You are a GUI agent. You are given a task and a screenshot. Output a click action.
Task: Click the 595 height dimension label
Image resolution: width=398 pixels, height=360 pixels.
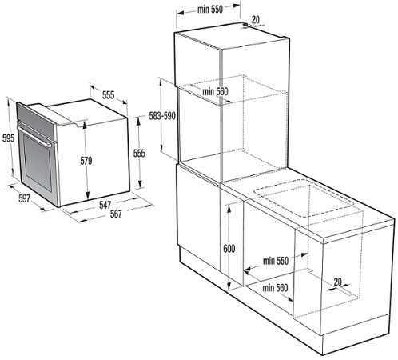pyautogui.click(x=8, y=138)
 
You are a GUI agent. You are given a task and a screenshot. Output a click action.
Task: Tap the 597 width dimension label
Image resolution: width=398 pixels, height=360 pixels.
pyautogui.click(x=24, y=198)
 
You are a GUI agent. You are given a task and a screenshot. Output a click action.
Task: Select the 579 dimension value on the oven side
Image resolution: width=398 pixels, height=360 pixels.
pyautogui.click(x=86, y=161)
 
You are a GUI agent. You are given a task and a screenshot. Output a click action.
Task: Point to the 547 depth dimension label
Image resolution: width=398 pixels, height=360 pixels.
pyautogui.click(x=105, y=205)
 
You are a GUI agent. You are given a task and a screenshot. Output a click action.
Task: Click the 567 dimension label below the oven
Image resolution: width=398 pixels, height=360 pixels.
pyautogui.click(x=116, y=214)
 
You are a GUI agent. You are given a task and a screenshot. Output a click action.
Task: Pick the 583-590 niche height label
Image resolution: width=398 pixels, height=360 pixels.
pyautogui.click(x=162, y=116)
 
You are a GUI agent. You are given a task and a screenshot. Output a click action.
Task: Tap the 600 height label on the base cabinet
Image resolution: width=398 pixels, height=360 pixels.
pyautogui.click(x=229, y=249)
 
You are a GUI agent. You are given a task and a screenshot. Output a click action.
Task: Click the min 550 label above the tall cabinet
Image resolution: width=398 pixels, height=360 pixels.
pyautogui.click(x=210, y=10)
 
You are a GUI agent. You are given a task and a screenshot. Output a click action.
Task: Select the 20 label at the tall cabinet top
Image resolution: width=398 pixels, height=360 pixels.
pyautogui.click(x=256, y=19)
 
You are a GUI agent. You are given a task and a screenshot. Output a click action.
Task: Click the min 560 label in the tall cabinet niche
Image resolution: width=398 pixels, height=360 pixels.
pyautogui.click(x=215, y=92)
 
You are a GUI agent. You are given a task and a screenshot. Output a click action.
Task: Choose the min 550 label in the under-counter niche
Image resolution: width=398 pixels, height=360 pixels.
pyautogui.click(x=276, y=261)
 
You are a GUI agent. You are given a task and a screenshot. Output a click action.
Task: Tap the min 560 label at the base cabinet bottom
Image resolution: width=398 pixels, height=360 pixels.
pyautogui.click(x=275, y=288)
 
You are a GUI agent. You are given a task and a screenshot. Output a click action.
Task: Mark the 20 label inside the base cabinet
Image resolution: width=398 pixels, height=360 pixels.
pyautogui.click(x=337, y=282)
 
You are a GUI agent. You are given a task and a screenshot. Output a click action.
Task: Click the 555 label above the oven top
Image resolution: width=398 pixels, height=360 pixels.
pyautogui.click(x=108, y=95)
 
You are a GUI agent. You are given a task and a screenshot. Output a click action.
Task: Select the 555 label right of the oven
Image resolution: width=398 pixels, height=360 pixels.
pyautogui.click(x=139, y=154)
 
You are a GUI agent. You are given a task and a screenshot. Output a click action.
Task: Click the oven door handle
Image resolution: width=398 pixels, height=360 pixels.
pyautogui.click(x=34, y=135)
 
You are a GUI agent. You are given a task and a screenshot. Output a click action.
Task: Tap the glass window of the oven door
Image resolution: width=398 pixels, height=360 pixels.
pyautogui.click(x=38, y=162)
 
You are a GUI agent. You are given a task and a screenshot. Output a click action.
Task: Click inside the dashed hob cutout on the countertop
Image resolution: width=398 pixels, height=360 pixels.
pyautogui.click(x=304, y=198)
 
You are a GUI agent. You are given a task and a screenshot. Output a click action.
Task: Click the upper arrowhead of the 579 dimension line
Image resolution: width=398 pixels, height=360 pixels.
pyautogui.click(x=85, y=124)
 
